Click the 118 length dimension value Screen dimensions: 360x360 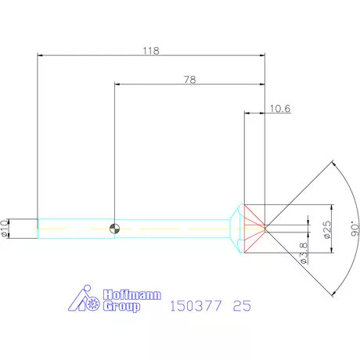coord(151,50)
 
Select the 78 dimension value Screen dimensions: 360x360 coord(189,79)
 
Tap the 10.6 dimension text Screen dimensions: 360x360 coord(279,109)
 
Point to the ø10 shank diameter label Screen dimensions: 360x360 coord(5,227)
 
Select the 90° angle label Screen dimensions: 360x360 coord(355,228)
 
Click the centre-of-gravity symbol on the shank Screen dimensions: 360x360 coord(115,229)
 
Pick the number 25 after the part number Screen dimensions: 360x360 coord(243,307)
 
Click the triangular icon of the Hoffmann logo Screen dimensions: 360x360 coord(83,301)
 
